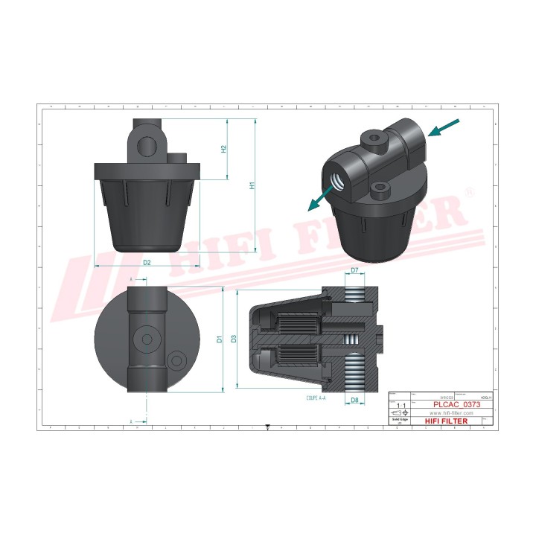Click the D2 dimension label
coord(147,263)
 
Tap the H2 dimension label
coord(223,149)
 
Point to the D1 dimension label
coord(219,339)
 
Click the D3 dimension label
coord(234,339)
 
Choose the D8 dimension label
coord(354,401)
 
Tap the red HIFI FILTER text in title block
coord(447,421)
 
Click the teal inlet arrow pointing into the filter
coord(445,128)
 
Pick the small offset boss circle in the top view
coord(177,361)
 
